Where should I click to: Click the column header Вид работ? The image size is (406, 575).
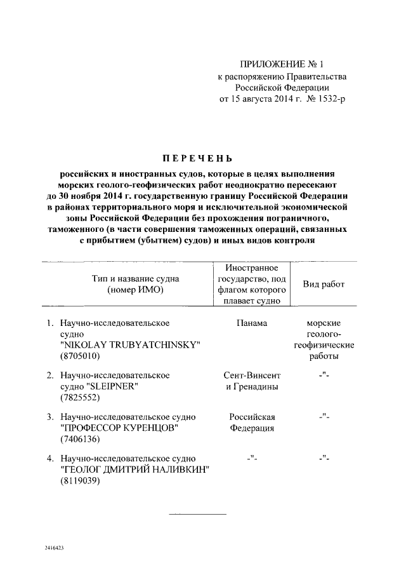[324, 284]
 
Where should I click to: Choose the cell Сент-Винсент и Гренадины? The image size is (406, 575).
[252, 381]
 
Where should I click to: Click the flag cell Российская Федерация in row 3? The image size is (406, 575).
[252, 423]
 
